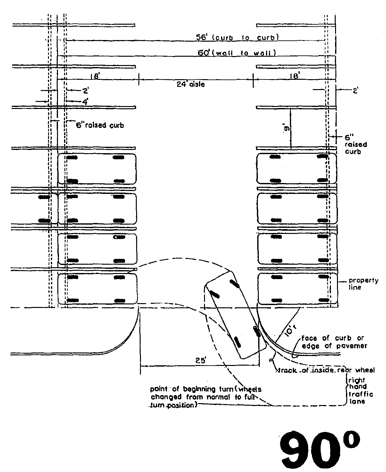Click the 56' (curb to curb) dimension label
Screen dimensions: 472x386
click(x=237, y=37)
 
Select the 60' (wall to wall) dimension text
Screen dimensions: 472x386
click(x=237, y=53)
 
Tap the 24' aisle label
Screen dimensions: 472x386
click(x=191, y=85)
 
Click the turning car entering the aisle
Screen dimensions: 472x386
click(x=235, y=314)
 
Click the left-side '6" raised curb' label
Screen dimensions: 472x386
click(x=100, y=125)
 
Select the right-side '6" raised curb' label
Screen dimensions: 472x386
click(x=356, y=144)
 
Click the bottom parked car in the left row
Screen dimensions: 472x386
click(x=97, y=288)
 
